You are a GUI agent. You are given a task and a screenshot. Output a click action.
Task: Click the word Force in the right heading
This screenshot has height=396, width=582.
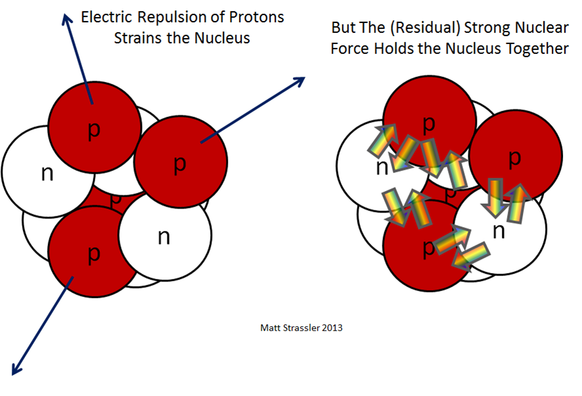350,48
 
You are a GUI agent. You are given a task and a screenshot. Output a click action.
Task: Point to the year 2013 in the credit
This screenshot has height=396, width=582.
332,328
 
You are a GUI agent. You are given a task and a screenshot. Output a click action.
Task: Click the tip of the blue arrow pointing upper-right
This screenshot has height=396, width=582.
305,78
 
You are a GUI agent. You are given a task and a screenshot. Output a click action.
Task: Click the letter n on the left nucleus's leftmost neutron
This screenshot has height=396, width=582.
47,174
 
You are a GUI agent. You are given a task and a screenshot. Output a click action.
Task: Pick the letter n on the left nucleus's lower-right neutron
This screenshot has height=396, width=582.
164,237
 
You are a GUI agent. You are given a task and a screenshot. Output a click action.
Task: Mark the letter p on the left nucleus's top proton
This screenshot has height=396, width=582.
94,131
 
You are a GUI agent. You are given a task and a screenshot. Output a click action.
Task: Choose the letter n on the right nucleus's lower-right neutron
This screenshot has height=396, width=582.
499,232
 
